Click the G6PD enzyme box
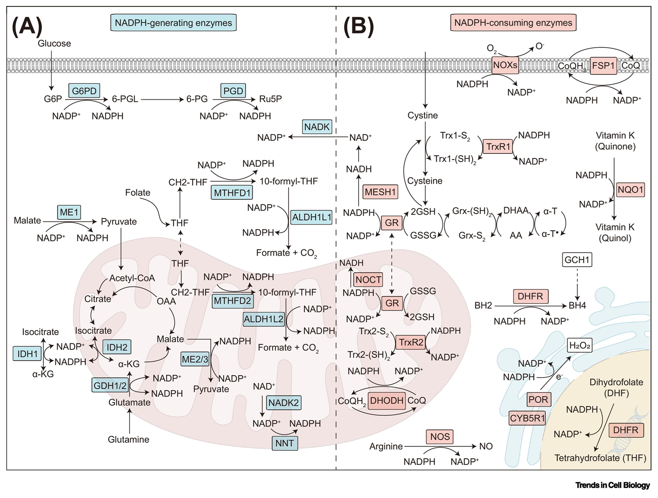coord(85,91)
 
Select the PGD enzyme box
coord(233,91)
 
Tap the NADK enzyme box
coord(317,127)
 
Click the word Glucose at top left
coord(54,43)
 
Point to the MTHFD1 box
coord(232,193)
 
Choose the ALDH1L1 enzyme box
coord(311,217)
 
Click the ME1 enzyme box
coord(69,212)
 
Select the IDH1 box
coord(27,354)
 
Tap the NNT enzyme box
coord(284,443)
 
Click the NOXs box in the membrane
coord(505,66)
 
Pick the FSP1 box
coord(603,66)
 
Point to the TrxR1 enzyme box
coord(498,147)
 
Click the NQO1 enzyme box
coord(631,189)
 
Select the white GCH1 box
coord(577,260)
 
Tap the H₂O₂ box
coord(580,345)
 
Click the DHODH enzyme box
coord(386,400)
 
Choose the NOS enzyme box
coord(440,437)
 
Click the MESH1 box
coord(380,192)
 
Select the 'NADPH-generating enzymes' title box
coord(173,23)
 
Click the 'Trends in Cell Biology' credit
coord(613,485)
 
